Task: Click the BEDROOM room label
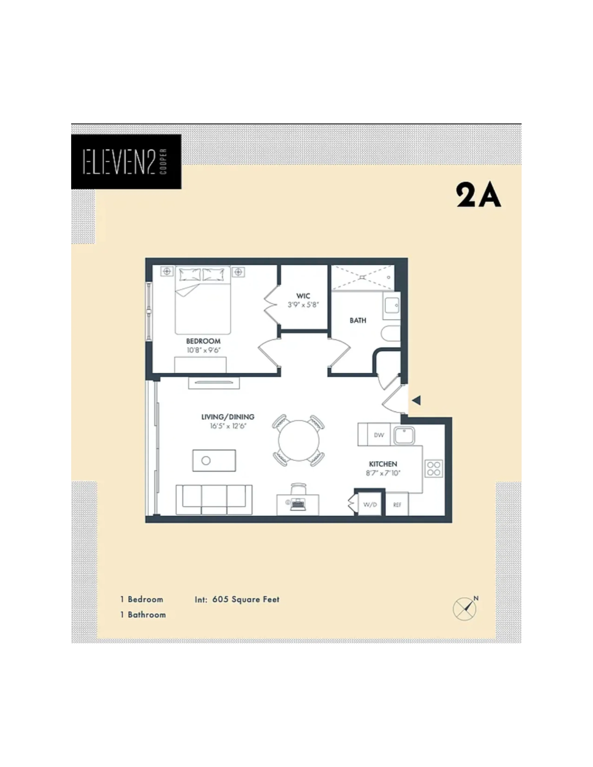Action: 203,341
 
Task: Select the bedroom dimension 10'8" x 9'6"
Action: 203,350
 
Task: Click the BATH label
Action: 358,320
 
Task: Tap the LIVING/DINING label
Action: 228,417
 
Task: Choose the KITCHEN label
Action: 383,464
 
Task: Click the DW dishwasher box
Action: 379,435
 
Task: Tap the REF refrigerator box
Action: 397,505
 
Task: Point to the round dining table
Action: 299,440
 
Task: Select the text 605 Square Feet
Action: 246,599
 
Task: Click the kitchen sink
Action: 404,436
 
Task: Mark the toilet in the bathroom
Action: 391,334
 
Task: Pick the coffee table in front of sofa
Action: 214,460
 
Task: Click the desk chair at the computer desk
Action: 298,488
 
